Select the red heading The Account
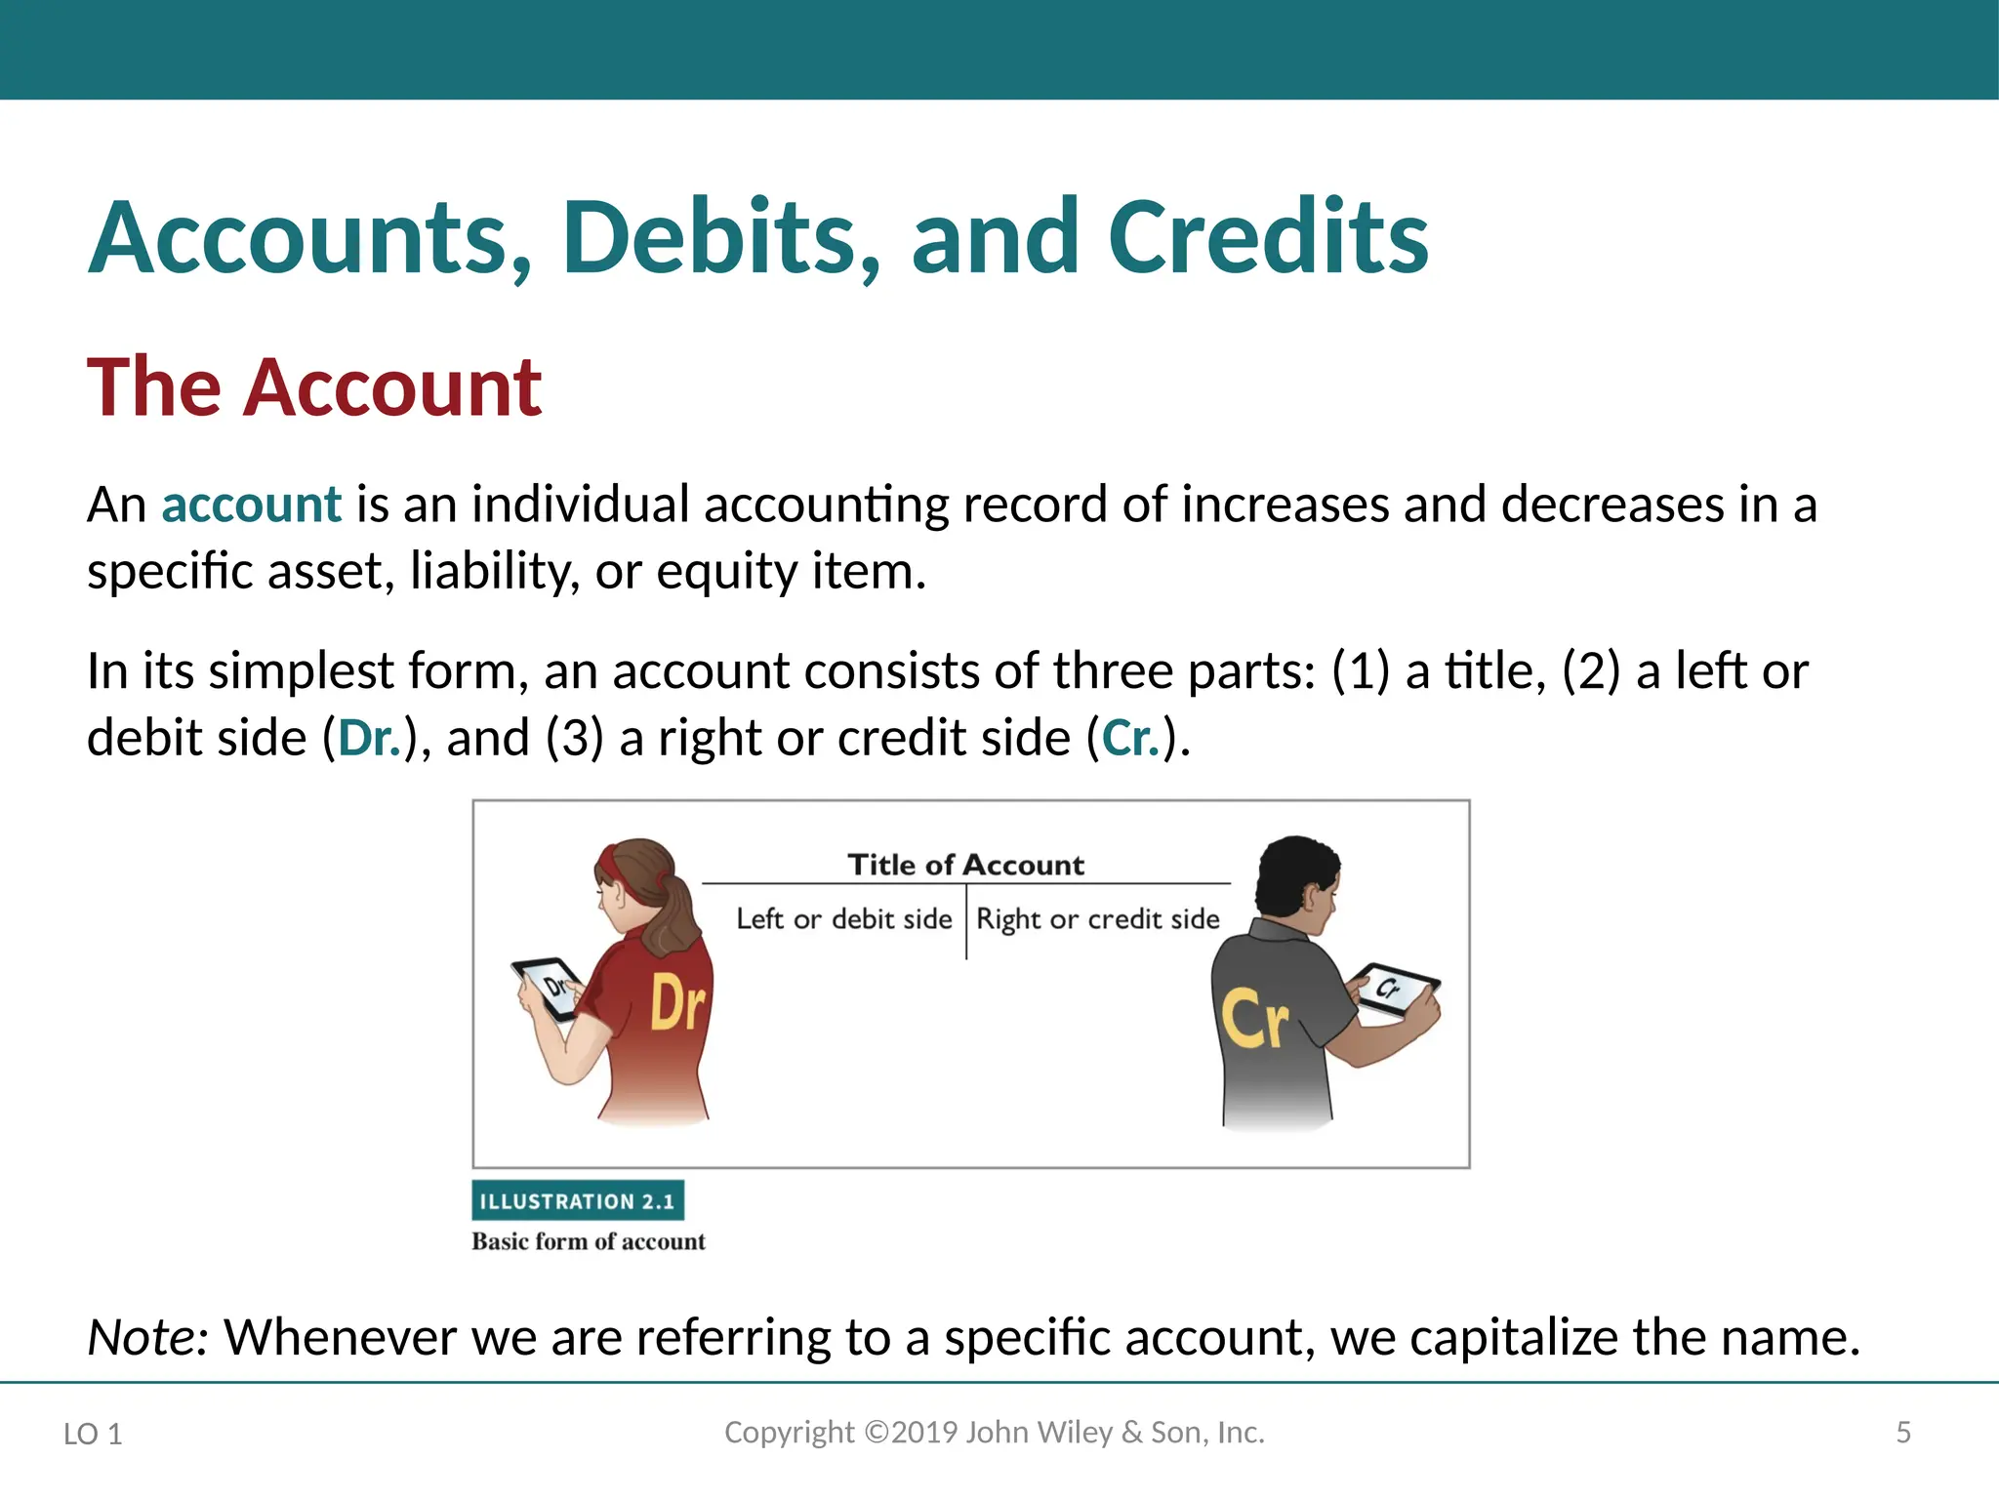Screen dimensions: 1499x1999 coord(314,387)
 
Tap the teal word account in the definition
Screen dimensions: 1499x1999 coord(251,505)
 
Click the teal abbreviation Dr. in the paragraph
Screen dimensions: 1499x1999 coord(369,738)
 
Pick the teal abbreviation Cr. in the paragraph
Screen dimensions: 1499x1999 coord(1130,738)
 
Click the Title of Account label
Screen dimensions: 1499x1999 coord(965,865)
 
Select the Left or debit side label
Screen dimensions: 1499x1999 coord(843,919)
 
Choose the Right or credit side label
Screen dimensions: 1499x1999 coord(1098,919)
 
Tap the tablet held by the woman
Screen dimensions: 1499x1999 coord(549,988)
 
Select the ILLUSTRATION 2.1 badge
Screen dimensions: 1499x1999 coord(578,1201)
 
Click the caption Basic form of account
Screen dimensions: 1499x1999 coord(588,1241)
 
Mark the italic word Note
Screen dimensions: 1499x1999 coord(146,1337)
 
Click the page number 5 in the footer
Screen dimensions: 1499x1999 coord(1902,1433)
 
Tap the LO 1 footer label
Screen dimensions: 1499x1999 coord(93,1434)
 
